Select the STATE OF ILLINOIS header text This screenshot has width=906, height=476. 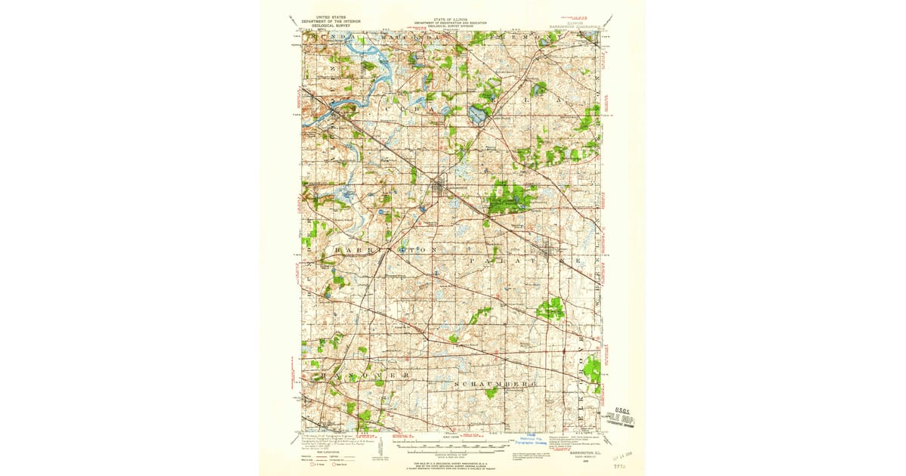(453, 19)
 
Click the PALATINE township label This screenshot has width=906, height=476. (521, 259)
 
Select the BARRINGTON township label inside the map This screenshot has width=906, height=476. (377, 249)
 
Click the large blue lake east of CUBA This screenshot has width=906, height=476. (477, 115)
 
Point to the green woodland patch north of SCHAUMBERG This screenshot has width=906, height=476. (550, 308)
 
